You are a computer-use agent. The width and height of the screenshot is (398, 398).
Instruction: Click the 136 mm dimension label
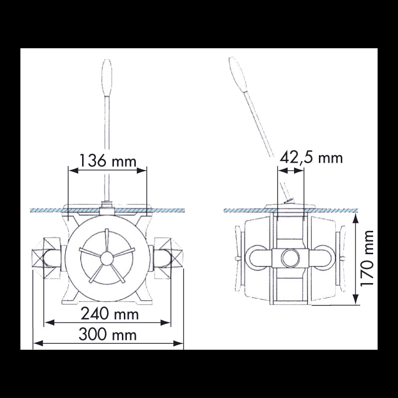[x=107, y=161]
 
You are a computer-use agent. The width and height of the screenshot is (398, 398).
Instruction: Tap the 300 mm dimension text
[x=107, y=335]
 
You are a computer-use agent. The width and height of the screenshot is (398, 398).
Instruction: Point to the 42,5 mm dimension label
[x=311, y=158]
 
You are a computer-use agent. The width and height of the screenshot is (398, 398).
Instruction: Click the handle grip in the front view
[x=106, y=73]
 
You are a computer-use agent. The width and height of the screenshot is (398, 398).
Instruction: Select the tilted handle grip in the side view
[x=237, y=74]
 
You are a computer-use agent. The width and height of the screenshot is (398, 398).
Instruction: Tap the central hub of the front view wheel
[x=106, y=257]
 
